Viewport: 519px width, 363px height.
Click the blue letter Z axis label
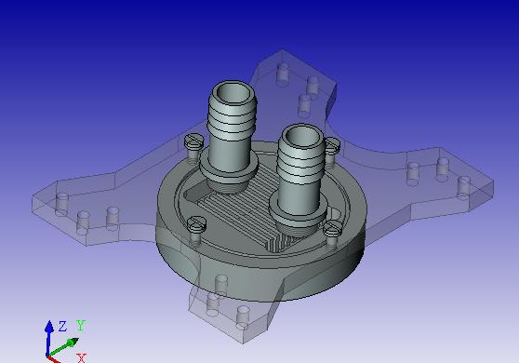62,327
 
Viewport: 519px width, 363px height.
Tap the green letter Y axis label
81,325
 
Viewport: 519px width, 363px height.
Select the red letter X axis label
82,358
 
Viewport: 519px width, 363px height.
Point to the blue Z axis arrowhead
49,327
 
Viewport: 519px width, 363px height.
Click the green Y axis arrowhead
73,342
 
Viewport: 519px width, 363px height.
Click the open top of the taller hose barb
234,92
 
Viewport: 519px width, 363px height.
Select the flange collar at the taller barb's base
229,168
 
